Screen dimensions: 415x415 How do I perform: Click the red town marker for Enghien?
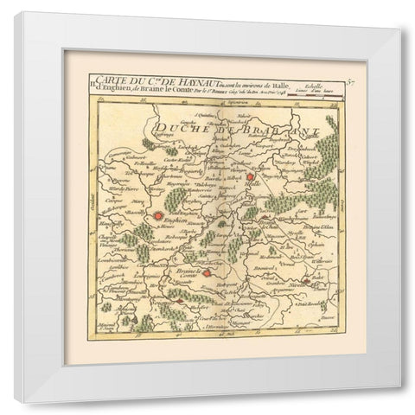161,218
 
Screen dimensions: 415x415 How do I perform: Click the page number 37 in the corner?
351,82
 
